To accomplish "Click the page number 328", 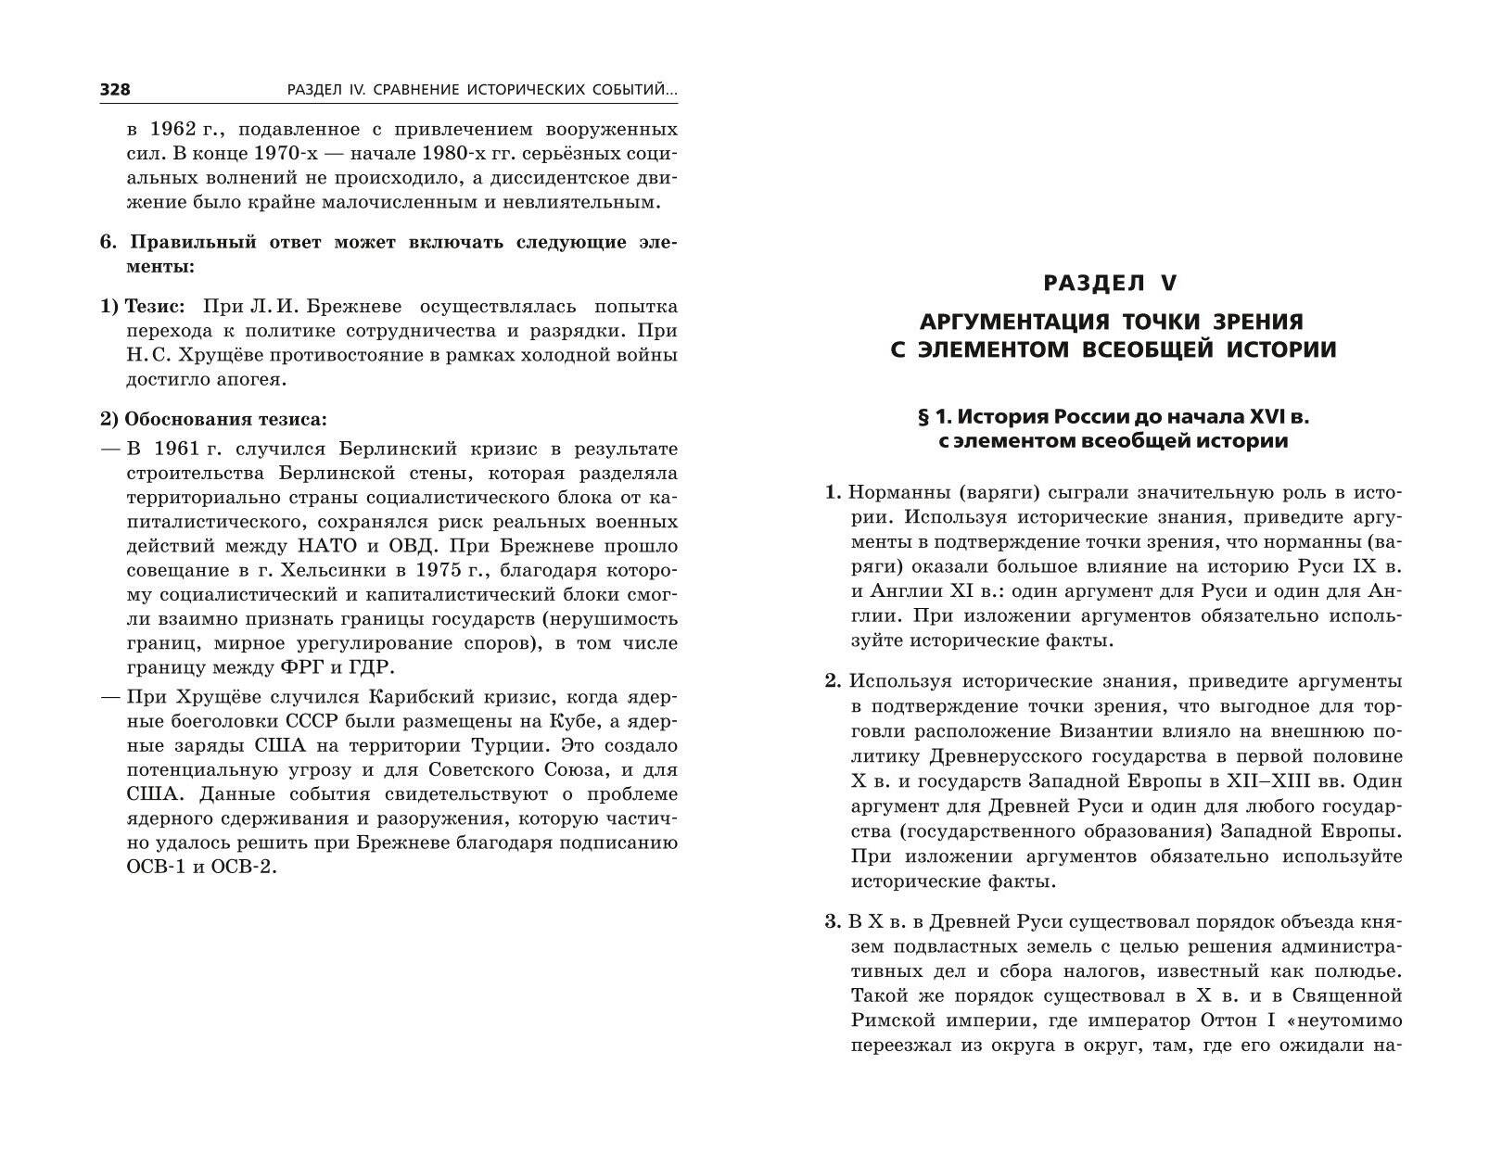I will click(x=115, y=90).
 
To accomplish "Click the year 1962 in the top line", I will click(x=175, y=129).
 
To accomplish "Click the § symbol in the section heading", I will click(x=923, y=417).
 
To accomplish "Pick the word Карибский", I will click(x=414, y=697).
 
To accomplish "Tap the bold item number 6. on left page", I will click(x=108, y=243).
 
